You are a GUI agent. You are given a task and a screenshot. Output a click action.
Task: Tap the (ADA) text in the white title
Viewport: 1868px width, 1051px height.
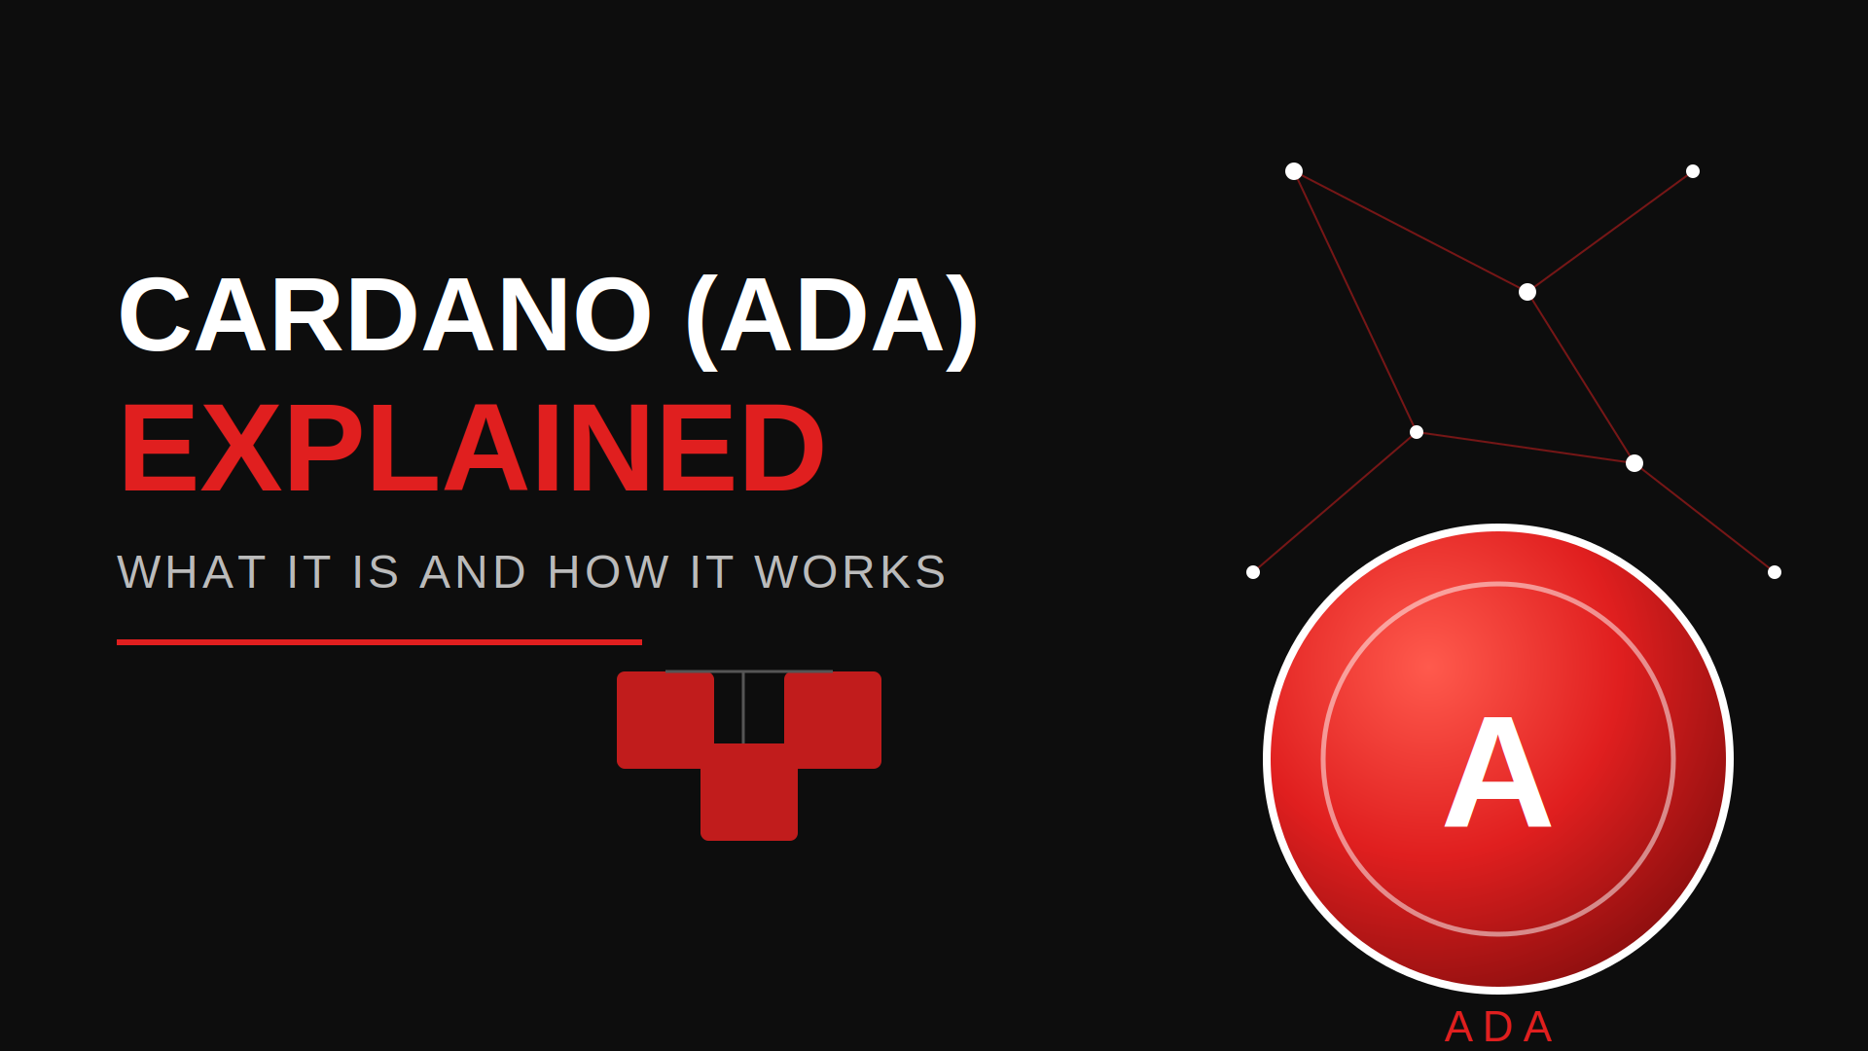[x=832, y=319]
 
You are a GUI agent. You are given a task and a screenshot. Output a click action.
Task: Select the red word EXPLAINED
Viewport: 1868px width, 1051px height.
[x=472, y=449]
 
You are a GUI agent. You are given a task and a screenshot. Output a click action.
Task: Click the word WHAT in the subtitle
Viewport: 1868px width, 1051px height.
[x=192, y=572]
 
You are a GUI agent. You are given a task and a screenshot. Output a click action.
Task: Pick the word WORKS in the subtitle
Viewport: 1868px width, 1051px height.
[x=850, y=572]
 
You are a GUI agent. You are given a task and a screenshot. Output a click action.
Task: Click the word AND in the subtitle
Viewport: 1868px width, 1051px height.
[x=474, y=572]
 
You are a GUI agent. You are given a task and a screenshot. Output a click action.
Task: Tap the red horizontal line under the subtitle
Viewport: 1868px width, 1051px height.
[x=379, y=642]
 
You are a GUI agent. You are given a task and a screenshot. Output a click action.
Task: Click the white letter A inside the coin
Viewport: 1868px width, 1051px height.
[x=1498, y=773]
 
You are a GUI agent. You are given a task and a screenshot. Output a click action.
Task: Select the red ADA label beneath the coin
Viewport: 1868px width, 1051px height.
[x=1498, y=1028]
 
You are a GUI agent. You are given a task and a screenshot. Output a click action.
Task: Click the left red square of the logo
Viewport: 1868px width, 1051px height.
[x=665, y=720]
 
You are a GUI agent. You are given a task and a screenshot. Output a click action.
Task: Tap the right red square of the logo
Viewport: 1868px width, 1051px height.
[x=833, y=720]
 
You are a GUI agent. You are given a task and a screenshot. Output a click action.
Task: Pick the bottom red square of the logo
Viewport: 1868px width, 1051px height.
[x=749, y=792]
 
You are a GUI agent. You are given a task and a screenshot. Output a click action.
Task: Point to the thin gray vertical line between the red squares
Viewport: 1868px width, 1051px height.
[x=743, y=707]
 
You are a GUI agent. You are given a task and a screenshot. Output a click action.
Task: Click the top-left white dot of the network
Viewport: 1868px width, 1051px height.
[x=1294, y=171]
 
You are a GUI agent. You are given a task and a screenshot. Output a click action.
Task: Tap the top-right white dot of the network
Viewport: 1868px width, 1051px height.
[x=1693, y=171]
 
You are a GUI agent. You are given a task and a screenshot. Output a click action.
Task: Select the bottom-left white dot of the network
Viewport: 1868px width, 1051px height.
[x=1253, y=572]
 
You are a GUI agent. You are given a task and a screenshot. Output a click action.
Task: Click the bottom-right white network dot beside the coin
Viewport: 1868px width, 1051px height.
[x=1775, y=572]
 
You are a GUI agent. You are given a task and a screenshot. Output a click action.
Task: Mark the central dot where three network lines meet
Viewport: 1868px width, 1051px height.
[x=1527, y=292]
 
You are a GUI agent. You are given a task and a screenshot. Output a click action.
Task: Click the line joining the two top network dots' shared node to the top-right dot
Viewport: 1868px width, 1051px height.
[x=1610, y=232]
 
